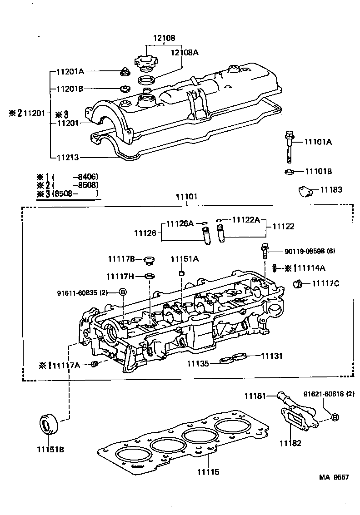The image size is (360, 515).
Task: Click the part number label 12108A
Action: [x=185, y=53]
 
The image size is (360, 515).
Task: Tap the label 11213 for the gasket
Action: [x=68, y=158]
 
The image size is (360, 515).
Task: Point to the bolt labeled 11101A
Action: [x=289, y=147]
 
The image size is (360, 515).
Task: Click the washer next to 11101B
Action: [x=289, y=172]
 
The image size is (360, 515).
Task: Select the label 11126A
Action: [x=180, y=223]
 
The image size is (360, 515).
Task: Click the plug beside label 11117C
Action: [x=298, y=284]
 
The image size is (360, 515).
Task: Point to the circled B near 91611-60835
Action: [x=122, y=292]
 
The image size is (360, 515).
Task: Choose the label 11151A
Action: [x=185, y=259]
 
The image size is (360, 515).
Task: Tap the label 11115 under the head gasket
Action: [x=209, y=472]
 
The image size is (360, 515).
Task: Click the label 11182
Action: [x=290, y=443]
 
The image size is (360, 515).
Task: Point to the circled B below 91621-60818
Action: [x=334, y=417]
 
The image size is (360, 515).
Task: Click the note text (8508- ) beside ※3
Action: [x=75, y=194]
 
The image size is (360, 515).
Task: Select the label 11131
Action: [x=271, y=356]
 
